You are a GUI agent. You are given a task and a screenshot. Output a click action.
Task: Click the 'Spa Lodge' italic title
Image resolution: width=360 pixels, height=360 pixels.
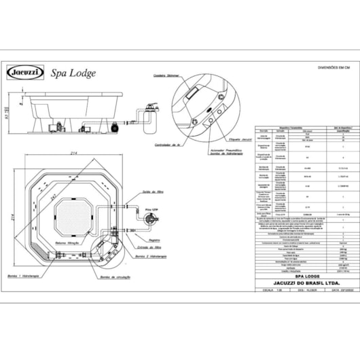(x=74, y=73)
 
